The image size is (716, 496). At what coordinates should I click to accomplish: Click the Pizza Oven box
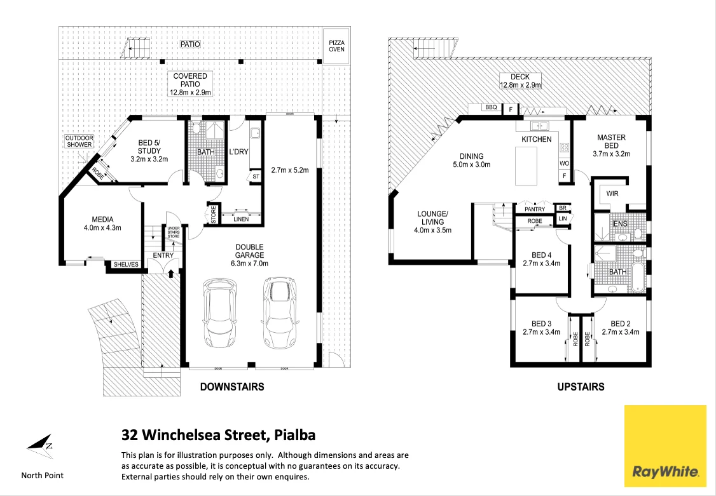(x=336, y=46)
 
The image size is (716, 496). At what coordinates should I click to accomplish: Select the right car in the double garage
(x=280, y=313)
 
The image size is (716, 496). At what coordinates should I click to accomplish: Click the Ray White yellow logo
(x=664, y=446)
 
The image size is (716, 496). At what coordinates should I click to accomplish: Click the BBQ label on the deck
(x=491, y=107)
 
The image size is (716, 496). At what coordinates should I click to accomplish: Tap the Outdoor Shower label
(x=79, y=142)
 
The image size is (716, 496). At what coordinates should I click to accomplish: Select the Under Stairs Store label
(x=173, y=232)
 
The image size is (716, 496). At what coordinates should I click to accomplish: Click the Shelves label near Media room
(x=126, y=264)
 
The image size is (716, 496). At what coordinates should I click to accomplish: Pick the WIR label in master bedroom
(x=612, y=194)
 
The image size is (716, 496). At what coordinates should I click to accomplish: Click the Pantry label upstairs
(x=535, y=209)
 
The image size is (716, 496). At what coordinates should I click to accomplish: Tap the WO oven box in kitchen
(x=565, y=163)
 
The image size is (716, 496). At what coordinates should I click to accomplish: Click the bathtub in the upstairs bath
(x=636, y=277)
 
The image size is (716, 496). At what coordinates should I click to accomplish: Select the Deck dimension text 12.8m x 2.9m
(x=520, y=85)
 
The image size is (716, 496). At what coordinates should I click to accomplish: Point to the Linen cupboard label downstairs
(x=241, y=219)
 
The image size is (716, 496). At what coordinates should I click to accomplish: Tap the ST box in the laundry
(x=256, y=177)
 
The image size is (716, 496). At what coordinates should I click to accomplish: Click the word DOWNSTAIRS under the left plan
(x=232, y=387)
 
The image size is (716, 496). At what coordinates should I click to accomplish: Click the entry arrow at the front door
(x=171, y=272)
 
